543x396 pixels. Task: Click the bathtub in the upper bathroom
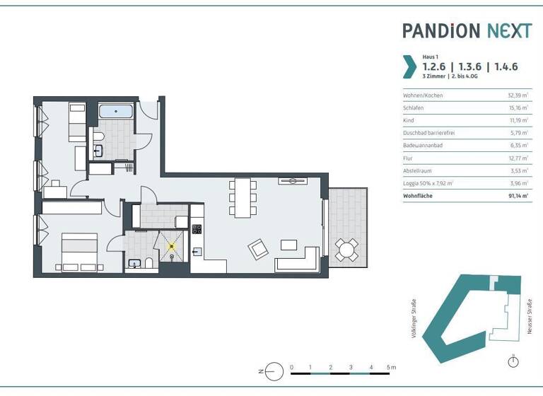116,111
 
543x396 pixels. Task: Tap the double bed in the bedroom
79,253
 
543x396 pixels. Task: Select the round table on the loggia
346,248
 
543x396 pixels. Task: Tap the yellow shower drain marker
171,246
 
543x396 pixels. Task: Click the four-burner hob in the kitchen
197,228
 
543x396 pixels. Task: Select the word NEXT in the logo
508,30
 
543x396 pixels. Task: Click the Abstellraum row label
418,170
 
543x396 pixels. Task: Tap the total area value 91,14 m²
518,196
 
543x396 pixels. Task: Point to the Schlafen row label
413,107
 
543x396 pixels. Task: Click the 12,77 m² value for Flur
519,158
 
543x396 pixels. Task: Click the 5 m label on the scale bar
392,368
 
